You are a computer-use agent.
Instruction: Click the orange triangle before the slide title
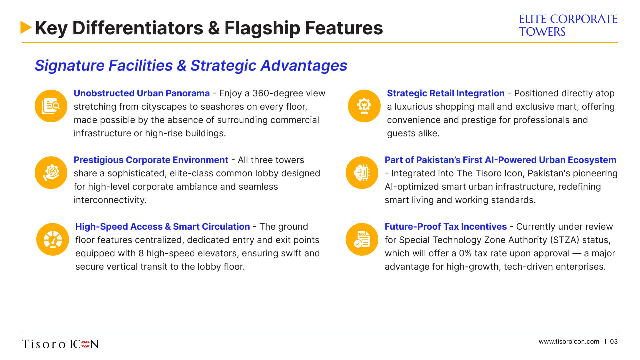click(26, 27)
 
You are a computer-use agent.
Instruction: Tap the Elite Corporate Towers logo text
click(568, 25)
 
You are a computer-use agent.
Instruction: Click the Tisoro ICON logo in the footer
click(60, 344)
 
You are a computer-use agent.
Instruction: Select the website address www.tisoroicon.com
click(569, 342)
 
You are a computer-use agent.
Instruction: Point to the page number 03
click(614, 342)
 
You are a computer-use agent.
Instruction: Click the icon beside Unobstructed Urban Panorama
click(51, 106)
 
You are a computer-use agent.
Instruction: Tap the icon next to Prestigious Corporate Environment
click(51, 173)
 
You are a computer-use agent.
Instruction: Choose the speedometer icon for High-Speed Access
click(53, 239)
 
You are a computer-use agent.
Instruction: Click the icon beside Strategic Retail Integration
click(364, 106)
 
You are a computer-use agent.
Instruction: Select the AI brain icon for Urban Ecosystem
click(362, 173)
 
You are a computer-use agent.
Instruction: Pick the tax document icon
click(362, 239)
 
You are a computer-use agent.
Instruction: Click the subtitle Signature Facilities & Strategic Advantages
click(191, 66)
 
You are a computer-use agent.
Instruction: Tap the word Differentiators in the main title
click(138, 28)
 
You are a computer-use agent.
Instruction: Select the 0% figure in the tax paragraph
click(465, 253)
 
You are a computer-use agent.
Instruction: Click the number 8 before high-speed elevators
click(141, 253)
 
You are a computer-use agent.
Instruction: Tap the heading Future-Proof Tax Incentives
click(446, 227)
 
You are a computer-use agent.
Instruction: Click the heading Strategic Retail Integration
click(446, 93)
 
